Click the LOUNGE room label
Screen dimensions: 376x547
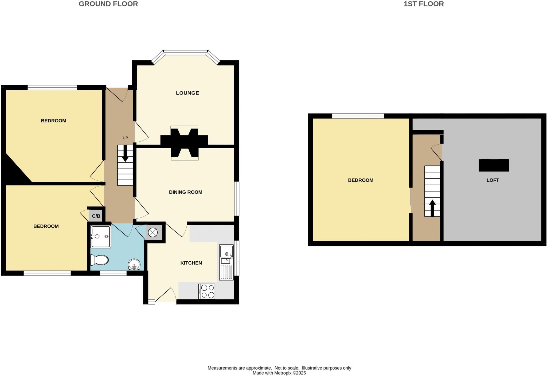187,93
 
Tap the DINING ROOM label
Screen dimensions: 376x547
186,192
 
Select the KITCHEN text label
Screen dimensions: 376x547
191,263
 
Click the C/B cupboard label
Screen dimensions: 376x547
96,216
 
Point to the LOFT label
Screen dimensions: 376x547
493,180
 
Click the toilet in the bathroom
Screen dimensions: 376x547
100,260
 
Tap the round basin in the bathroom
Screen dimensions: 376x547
134,264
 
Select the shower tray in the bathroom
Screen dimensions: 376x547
101,237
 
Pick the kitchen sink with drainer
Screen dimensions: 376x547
226,262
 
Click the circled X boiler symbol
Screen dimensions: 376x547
153,232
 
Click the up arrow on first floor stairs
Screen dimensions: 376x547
432,208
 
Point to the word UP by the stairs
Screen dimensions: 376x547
125,138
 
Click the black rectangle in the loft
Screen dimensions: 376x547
494,165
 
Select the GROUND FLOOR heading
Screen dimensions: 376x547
108,4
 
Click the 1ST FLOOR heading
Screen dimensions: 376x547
424,4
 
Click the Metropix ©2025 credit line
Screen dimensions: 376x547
279,373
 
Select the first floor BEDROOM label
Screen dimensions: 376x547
360,180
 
